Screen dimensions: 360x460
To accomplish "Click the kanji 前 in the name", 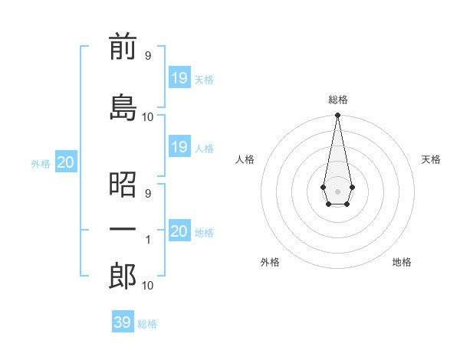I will pos(123,47).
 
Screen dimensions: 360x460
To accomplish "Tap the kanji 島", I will pos(123,106).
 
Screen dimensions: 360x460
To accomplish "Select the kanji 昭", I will pos(123,184).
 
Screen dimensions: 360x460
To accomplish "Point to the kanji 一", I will pos(123,230).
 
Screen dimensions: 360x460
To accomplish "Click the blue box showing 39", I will pos(122,322).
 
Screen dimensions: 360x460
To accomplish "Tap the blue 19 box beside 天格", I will pos(179,77).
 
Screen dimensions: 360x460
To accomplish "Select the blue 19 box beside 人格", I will pos(179,147).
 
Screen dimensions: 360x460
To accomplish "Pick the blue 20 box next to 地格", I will pos(179,231).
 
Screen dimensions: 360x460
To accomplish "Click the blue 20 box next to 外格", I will pos(65,162).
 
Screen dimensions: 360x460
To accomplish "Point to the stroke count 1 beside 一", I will pos(148,240).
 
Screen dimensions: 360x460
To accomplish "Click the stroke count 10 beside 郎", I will pos(148,286).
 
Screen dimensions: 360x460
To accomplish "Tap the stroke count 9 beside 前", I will pos(148,55).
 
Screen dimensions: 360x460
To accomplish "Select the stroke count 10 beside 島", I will pos(148,116).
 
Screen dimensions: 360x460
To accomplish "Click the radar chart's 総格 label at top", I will pos(338,100).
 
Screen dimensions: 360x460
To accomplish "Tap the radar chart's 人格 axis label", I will pos(245,159).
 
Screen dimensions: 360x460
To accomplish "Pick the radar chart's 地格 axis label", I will pos(402,262).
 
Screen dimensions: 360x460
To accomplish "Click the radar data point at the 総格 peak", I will pos(337,116).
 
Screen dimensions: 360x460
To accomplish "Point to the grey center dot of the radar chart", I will pos(337,191).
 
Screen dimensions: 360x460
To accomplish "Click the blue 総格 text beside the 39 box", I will pos(147,324).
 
